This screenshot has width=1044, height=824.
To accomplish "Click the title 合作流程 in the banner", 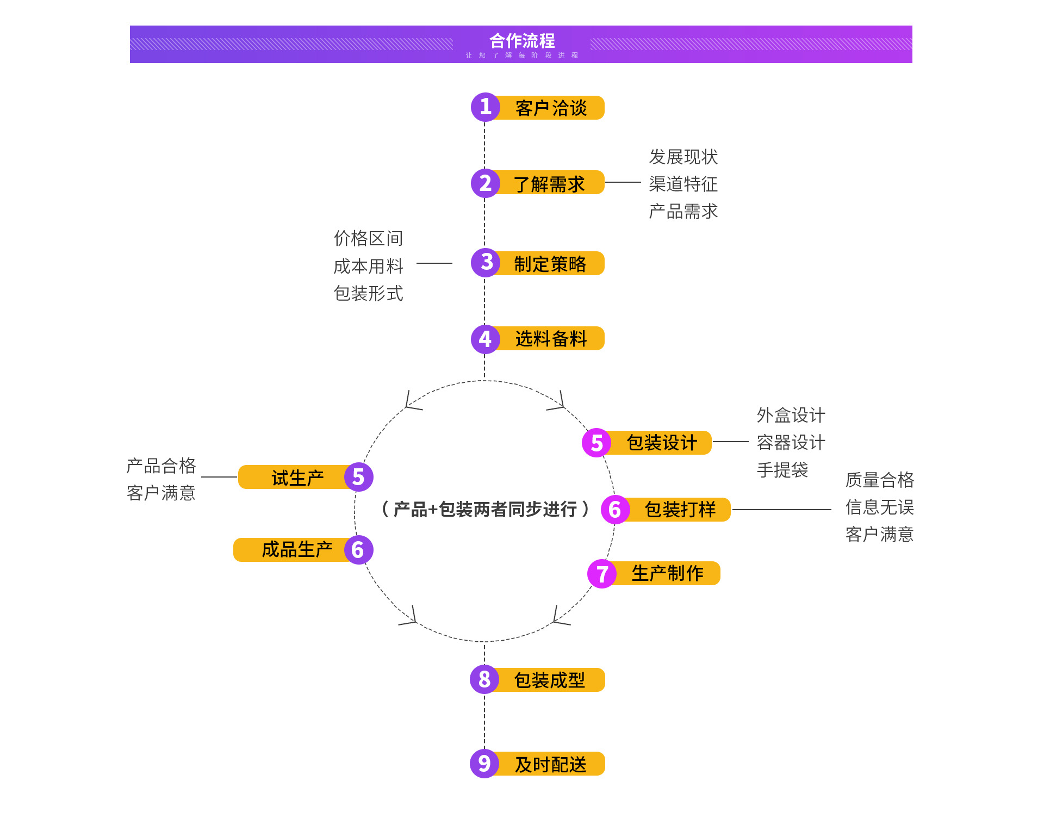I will click(x=522, y=41).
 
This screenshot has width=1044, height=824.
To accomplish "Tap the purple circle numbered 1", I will click(x=485, y=107).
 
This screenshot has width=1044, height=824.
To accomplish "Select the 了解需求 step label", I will click(x=549, y=184).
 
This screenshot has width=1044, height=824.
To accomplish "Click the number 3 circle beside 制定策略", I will click(x=486, y=263).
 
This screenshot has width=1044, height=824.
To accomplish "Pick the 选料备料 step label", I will click(x=551, y=339).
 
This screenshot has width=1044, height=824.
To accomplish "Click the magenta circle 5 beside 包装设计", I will click(x=596, y=443).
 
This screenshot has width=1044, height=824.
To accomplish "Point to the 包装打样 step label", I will click(x=680, y=510).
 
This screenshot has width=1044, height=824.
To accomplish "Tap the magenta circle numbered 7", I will click(x=602, y=574).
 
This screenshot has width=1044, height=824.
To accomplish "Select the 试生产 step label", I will click(x=297, y=478).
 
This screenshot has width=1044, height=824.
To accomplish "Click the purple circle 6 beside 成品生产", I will click(x=358, y=550).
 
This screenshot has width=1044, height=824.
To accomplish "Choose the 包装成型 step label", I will click(x=549, y=680).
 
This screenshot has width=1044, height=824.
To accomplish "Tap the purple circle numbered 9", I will click(x=484, y=764).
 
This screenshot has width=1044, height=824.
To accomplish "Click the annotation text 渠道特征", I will click(x=683, y=184).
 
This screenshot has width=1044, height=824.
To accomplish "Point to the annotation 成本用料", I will click(x=368, y=266).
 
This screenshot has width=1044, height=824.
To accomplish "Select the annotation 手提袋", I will click(x=782, y=469).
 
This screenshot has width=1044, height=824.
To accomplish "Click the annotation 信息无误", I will click(x=879, y=507).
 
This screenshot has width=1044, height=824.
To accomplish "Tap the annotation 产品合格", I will click(x=161, y=466).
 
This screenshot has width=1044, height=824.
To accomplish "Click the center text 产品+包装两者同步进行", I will click(x=485, y=509).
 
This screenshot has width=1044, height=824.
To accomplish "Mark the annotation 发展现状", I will click(x=683, y=157).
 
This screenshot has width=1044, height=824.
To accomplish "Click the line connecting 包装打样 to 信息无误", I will click(x=781, y=510).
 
